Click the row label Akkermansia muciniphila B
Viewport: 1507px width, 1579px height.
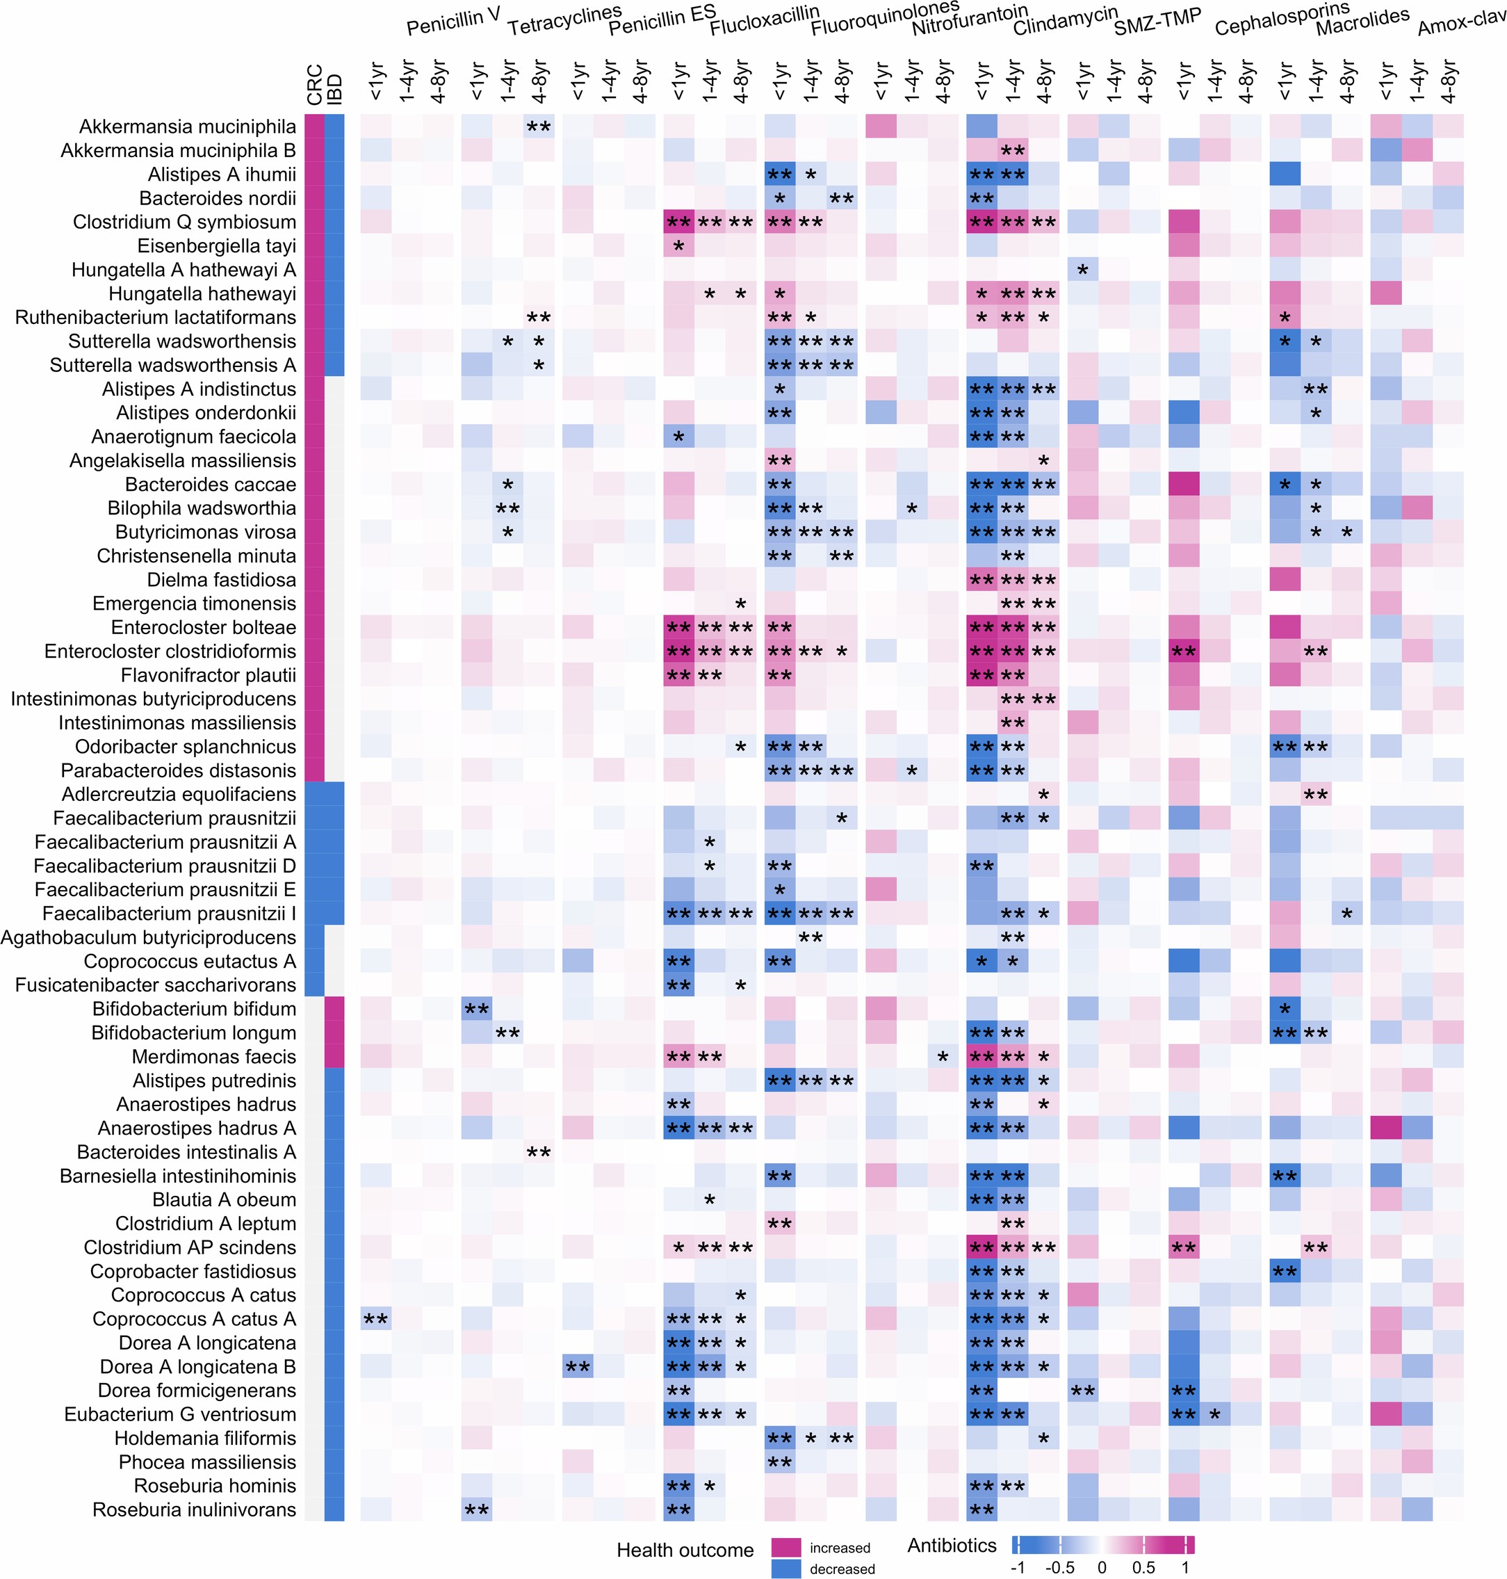pyautogui.click(x=179, y=151)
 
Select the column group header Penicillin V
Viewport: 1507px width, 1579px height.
pyautogui.click(x=453, y=24)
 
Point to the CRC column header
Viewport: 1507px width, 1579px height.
pyautogui.click(x=314, y=84)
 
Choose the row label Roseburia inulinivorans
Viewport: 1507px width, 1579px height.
pyautogui.click(x=195, y=1510)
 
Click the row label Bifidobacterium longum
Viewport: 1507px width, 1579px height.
pyautogui.click(x=194, y=1033)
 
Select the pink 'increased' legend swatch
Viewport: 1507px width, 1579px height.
pyautogui.click(x=785, y=1548)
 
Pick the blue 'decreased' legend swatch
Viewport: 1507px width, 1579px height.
pyautogui.click(x=785, y=1569)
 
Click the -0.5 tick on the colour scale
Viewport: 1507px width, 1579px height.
pyautogui.click(x=1059, y=1568)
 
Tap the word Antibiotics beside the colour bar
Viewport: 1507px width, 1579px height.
pyautogui.click(x=952, y=1545)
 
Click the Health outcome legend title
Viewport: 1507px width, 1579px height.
pyautogui.click(x=685, y=1550)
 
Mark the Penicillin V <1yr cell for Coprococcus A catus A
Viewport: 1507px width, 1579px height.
pyautogui.click(x=376, y=1319)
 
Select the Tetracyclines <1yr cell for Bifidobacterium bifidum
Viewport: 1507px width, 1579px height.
pyautogui.click(x=476, y=1008)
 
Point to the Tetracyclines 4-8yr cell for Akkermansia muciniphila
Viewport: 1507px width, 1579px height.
pyautogui.click(x=538, y=126)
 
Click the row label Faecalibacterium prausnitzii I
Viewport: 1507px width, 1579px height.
pyautogui.click(x=170, y=914)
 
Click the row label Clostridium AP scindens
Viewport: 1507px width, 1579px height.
pyautogui.click(x=190, y=1247)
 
